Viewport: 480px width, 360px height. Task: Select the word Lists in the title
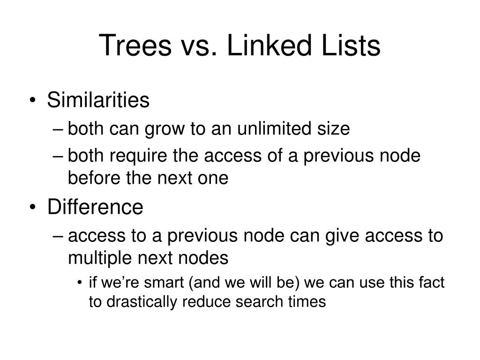point(347,46)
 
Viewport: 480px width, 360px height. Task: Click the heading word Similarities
point(98,100)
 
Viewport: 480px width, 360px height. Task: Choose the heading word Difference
point(95,207)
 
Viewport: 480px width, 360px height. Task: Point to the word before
point(91,178)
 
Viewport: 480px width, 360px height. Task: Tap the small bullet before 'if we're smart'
point(81,283)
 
